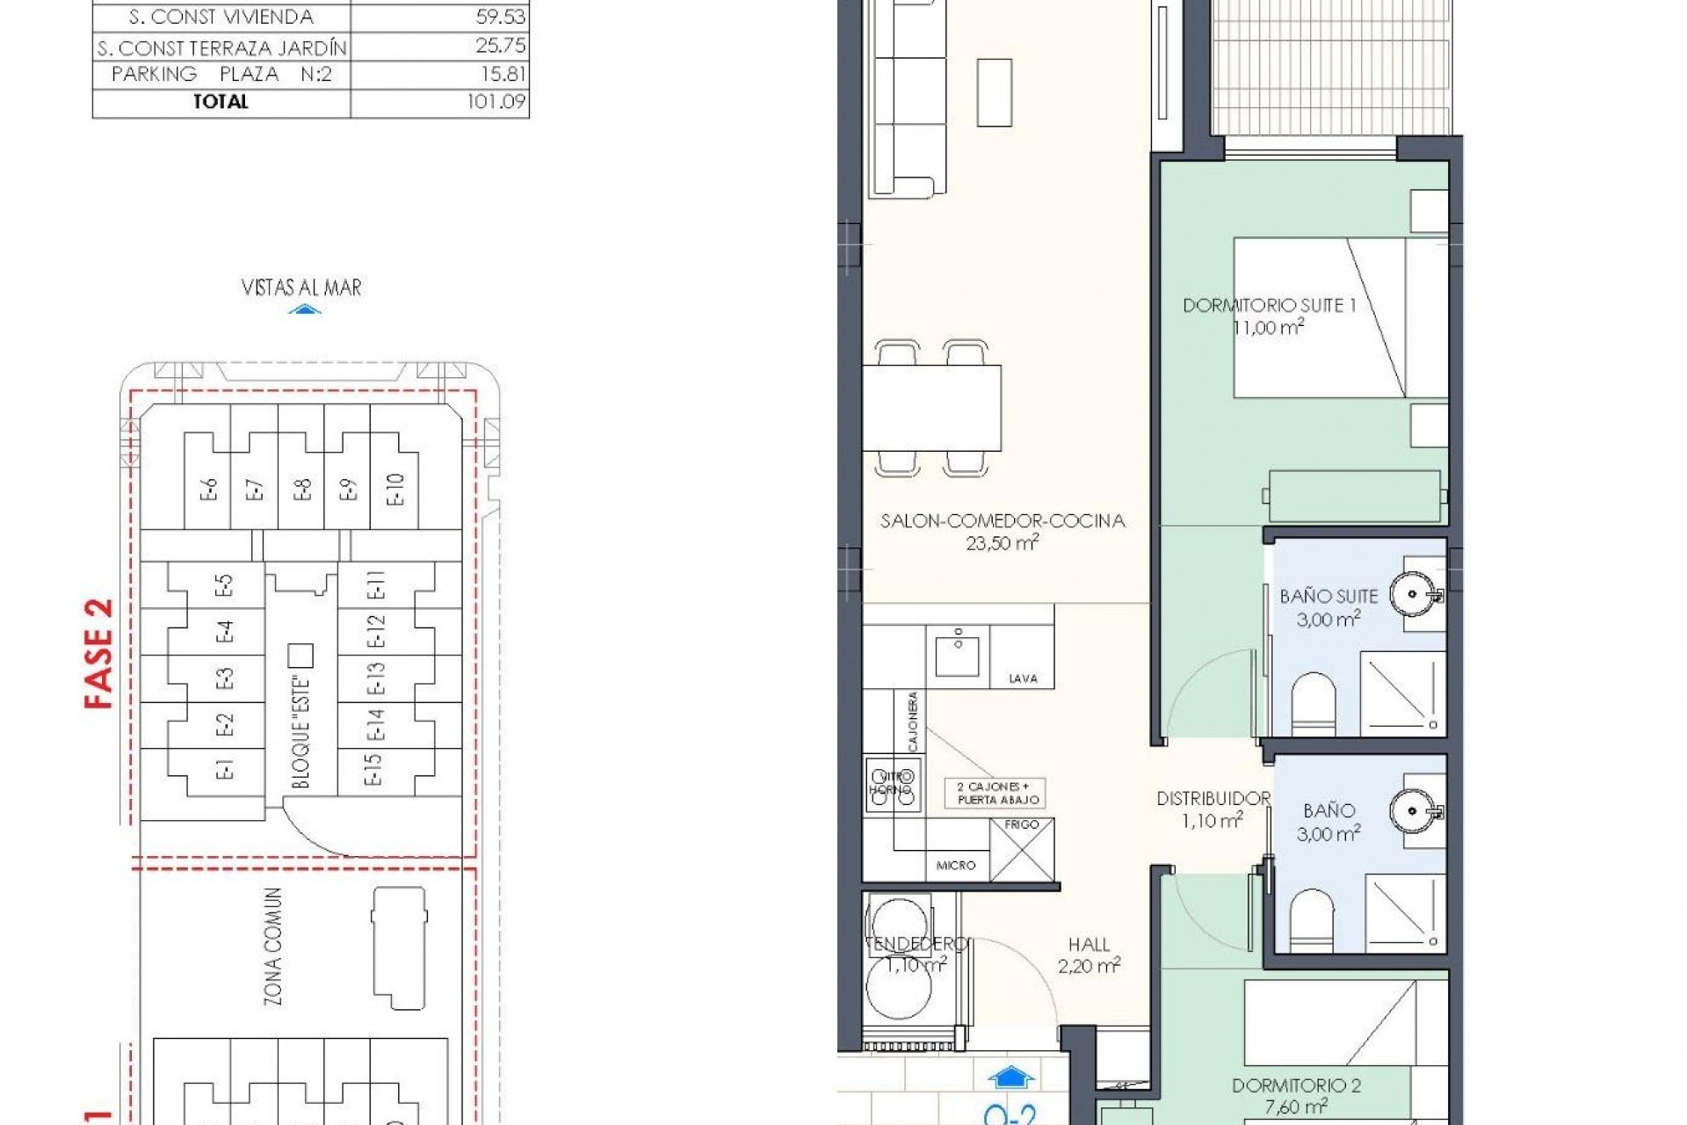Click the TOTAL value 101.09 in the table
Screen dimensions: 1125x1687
pos(496,102)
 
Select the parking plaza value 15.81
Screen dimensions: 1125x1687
pos(503,74)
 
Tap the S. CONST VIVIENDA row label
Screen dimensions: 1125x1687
pos(221,17)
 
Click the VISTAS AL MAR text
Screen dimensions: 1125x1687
pos(301,287)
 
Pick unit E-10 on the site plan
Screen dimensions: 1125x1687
pos(395,489)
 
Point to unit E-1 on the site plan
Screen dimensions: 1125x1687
pos(224,770)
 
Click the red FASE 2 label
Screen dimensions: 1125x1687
pos(99,653)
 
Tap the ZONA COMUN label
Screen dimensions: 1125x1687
pos(273,947)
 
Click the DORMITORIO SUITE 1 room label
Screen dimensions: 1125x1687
pos(1269,306)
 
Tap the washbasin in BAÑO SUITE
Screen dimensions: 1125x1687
pos(1412,595)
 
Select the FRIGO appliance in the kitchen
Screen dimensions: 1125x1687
pos(1022,849)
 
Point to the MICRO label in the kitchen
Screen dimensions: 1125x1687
pos(955,866)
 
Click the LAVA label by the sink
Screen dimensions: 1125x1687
pos(1023,679)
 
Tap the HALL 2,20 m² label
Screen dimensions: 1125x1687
pos(1089,955)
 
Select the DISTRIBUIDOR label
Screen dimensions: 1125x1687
pos(1213,799)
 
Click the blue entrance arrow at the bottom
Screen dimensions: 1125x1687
pos(1010,1077)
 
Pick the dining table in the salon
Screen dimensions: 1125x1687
pos(932,408)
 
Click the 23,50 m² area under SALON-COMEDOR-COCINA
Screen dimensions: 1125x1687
pos(1002,543)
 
